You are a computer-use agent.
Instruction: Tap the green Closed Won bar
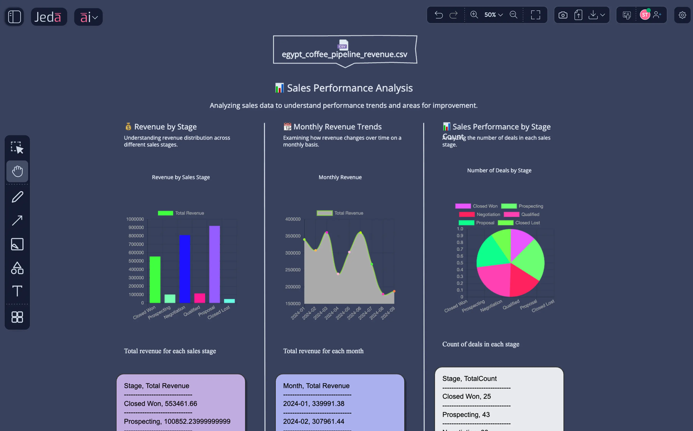coord(155,280)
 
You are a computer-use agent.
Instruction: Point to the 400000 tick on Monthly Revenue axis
coord(293,219)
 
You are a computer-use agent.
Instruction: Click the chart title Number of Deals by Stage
coord(499,170)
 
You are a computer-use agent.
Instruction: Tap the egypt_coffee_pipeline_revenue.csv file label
coord(344,54)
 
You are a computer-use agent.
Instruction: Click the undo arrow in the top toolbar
coord(439,15)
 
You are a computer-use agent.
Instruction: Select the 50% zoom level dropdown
coord(493,15)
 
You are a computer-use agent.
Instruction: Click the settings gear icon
coord(682,15)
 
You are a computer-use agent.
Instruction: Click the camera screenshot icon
coord(563,15)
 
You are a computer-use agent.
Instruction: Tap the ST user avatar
coord(645,15)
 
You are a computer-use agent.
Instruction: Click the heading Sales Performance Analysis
coord(350,88)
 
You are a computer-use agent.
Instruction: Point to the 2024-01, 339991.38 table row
coord(313,403)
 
